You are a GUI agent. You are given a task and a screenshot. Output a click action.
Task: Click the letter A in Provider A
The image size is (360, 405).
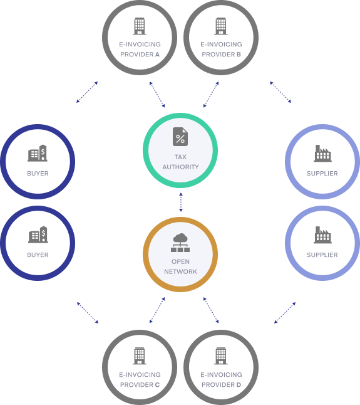[157, 55]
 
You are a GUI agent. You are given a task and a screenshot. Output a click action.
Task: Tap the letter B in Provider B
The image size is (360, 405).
[239, 55]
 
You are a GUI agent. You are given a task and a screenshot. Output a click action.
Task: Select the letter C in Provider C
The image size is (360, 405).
[157, 385]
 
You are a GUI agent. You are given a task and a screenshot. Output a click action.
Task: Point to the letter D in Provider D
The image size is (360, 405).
[239, 385]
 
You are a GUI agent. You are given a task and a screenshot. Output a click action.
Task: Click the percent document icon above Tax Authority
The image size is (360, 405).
[180, 137]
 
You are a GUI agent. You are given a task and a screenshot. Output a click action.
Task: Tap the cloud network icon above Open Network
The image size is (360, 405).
[180, 243]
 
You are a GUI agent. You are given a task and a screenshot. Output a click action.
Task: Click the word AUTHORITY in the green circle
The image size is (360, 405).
[180, 167]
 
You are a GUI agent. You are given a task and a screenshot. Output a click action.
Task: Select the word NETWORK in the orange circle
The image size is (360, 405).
[180, 271]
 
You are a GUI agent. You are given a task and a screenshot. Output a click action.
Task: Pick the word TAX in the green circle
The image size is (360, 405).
[180, 157]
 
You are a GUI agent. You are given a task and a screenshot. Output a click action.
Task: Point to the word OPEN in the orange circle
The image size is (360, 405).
[180, 261]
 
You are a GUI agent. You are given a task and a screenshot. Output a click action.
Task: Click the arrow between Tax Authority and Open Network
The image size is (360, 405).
[181, 202]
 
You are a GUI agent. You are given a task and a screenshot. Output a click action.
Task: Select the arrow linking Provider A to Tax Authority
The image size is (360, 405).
[157, 95]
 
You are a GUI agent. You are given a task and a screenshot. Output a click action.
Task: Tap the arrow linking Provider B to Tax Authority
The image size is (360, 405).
[211, 95]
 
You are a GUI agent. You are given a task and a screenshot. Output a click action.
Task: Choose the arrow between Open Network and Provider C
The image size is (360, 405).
[157, 310]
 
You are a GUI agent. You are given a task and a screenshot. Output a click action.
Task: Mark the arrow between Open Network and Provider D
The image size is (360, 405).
[211, 310]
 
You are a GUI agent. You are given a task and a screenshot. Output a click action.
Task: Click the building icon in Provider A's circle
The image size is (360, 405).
[140, 26]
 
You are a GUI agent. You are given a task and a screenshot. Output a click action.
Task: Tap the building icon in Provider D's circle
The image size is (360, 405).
[221, 356]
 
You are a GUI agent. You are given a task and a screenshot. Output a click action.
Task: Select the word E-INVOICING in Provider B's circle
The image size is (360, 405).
[221, 45]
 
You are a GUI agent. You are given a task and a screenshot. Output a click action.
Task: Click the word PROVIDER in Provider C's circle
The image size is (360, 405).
[136, 385]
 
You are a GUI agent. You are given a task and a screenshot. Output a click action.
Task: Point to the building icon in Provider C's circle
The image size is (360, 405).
[140, 356]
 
